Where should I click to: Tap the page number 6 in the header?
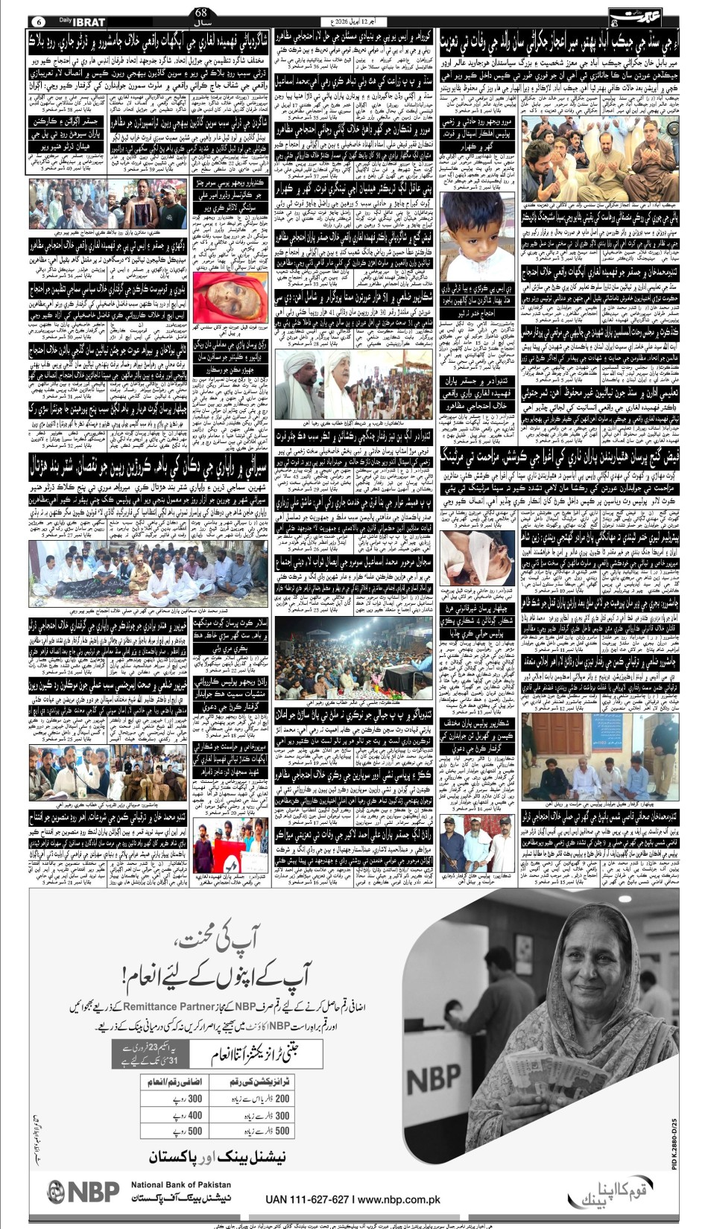point(39,22)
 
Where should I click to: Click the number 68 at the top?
point(201,12)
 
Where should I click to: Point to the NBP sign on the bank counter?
point(434,1077)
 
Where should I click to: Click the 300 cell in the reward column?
point(195,1099)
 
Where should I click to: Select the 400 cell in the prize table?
point(195,1115)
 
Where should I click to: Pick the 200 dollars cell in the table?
point(282,1099)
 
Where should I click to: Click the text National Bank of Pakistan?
point(181,1184)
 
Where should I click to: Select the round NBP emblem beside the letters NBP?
point(57,1193)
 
